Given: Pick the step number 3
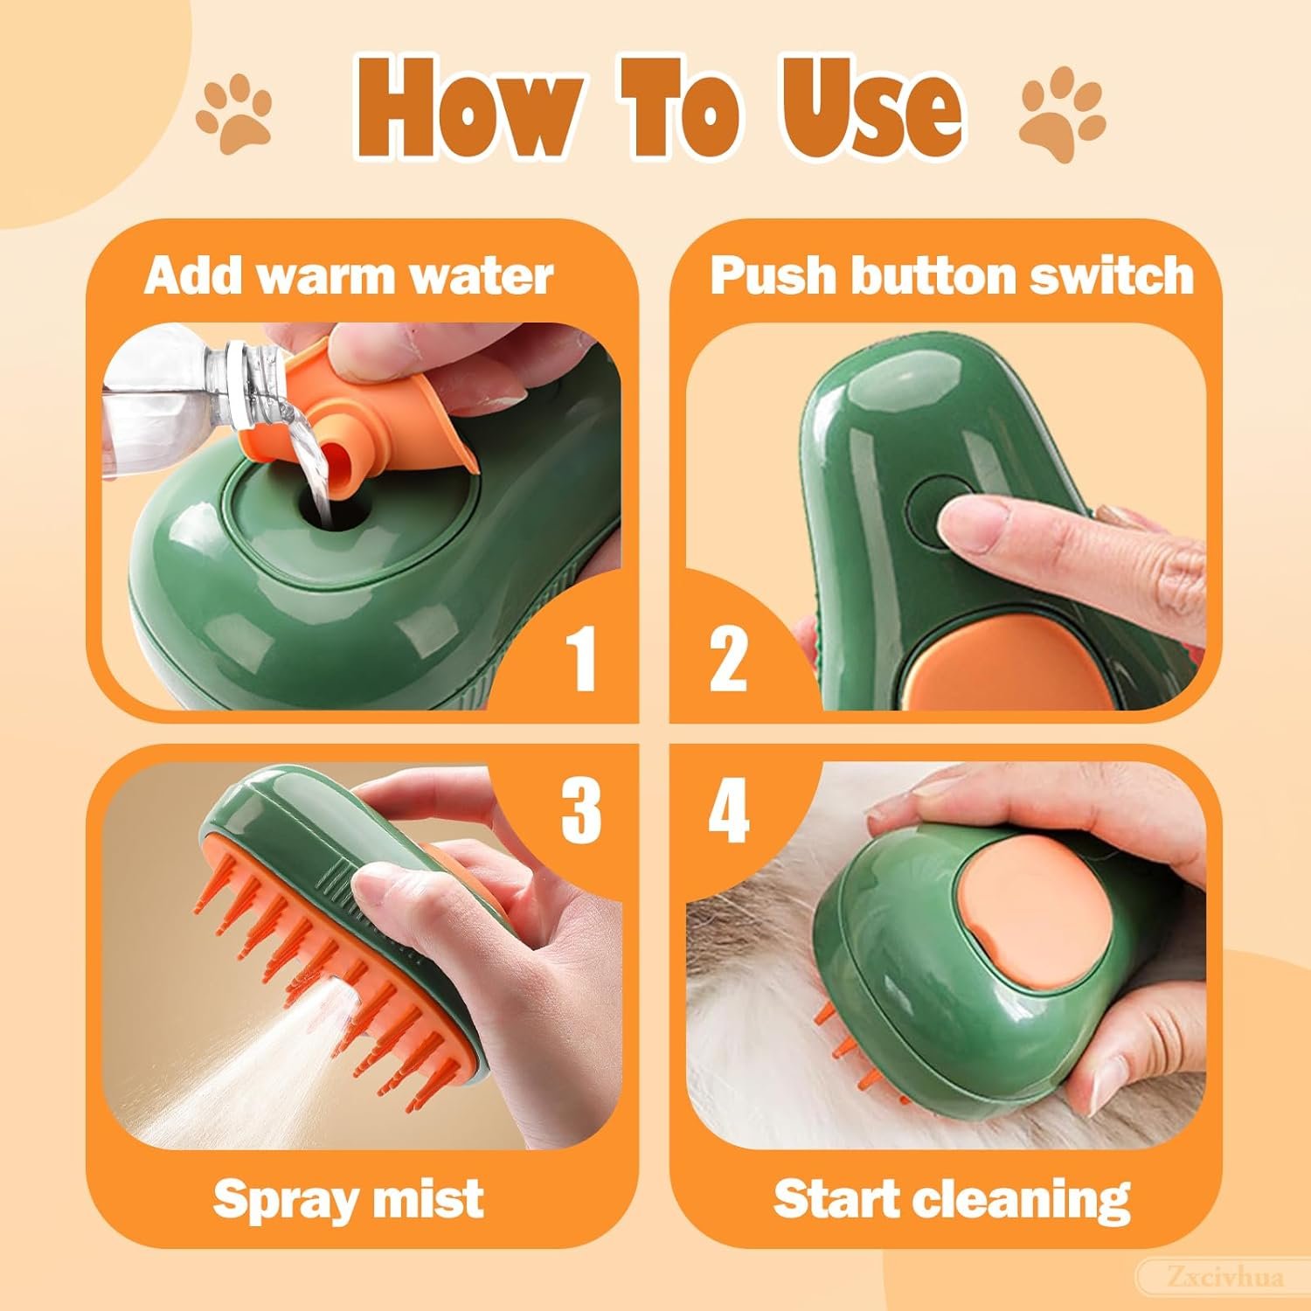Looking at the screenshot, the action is click(580, 809).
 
